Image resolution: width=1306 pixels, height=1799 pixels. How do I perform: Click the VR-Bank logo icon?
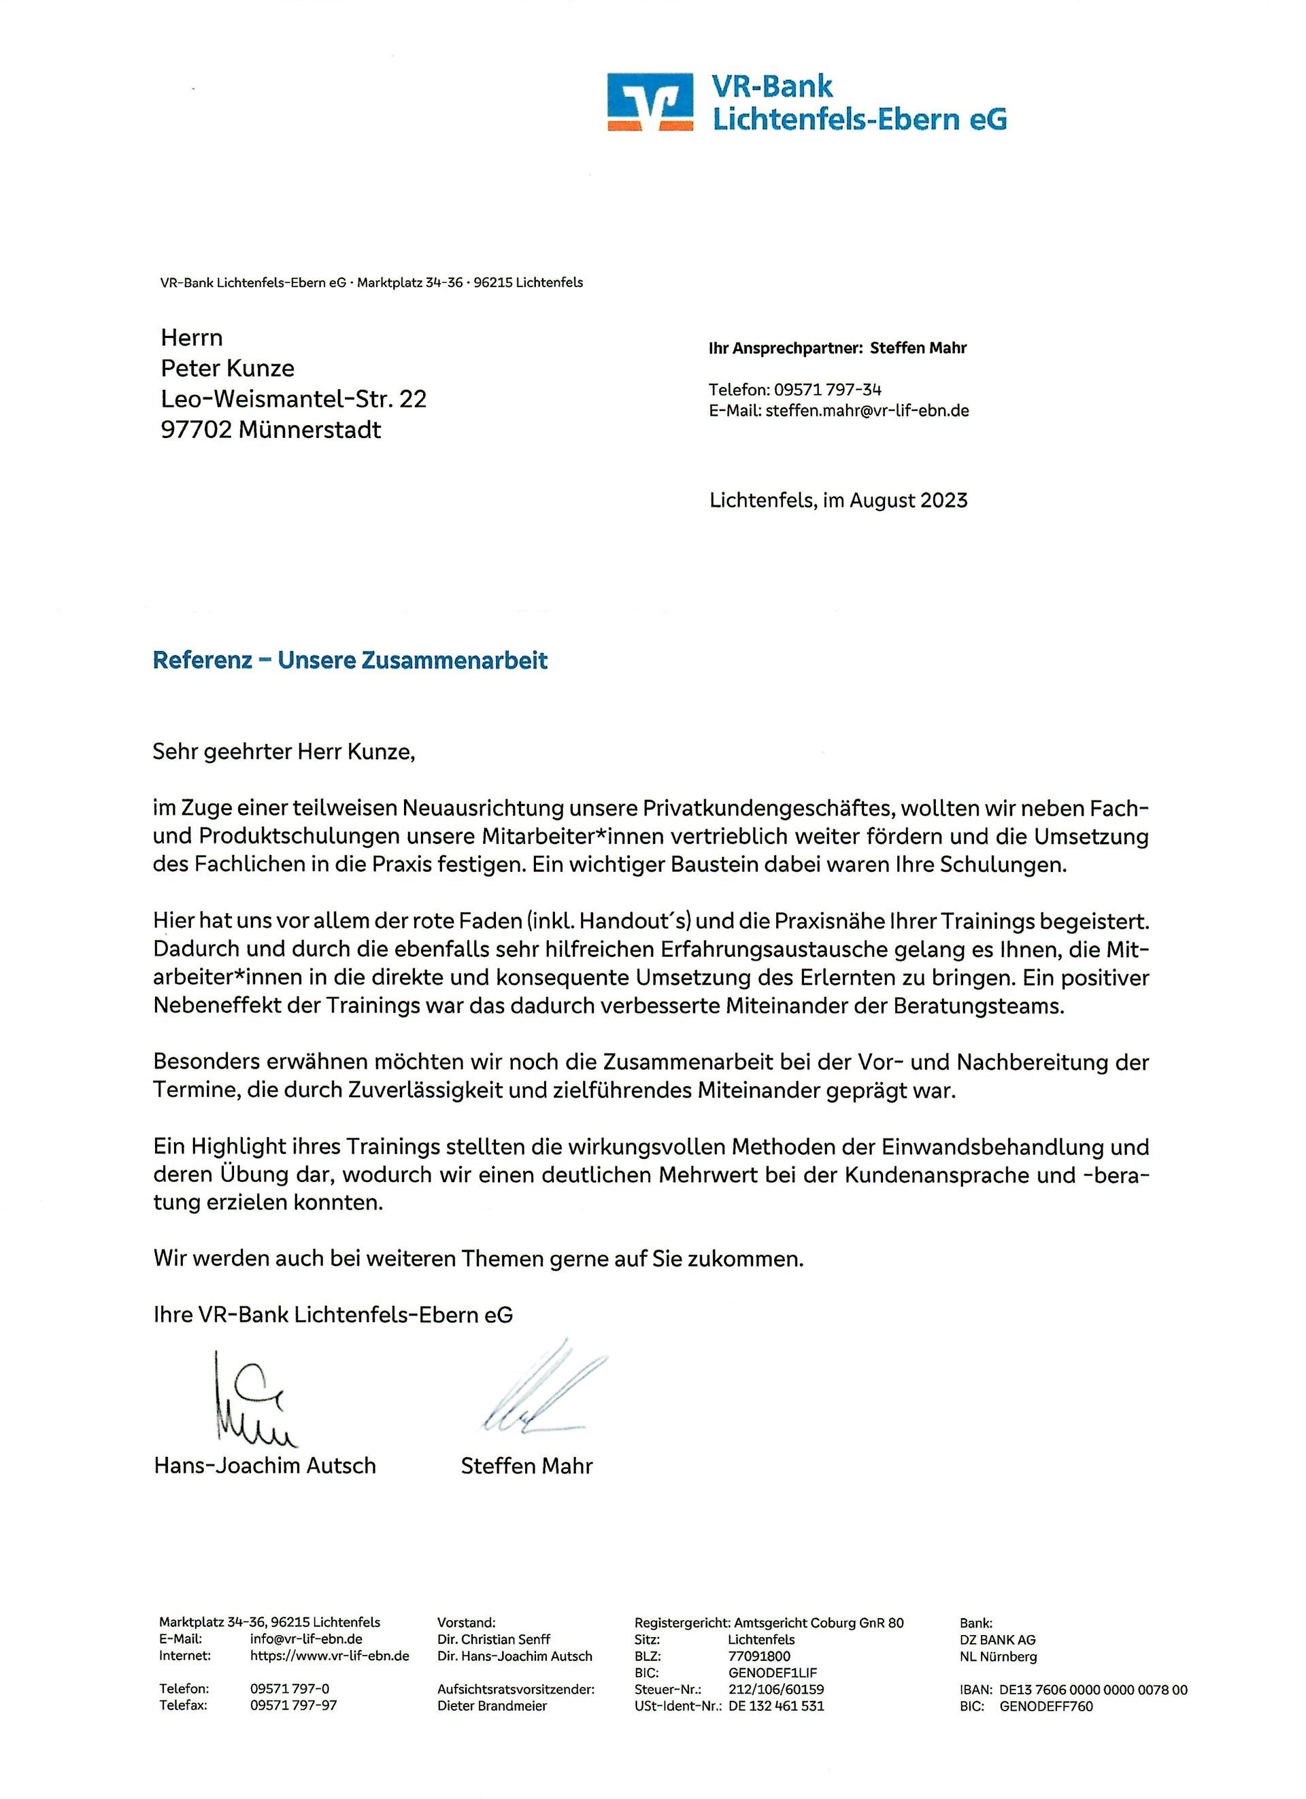click(650, 101)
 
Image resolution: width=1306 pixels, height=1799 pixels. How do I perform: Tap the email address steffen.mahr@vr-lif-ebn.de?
click(867, 411)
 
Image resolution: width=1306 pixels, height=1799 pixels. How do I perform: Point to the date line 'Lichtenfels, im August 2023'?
click(839, 501)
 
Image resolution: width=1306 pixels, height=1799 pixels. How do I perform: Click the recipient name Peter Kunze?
click(227, 368)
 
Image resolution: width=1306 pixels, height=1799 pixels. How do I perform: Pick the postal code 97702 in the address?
click(195, 430)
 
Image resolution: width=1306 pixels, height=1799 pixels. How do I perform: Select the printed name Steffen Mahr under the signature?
click(527, 1465)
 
